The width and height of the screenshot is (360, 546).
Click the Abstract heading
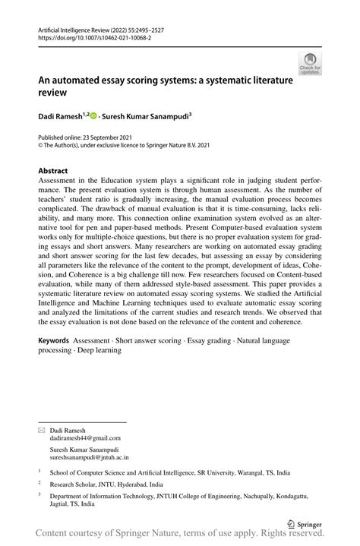(x=53, y=171)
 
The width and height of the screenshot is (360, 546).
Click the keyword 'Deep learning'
(x=98, y=350)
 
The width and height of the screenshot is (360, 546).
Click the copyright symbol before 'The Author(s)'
(x=41, y=145)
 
